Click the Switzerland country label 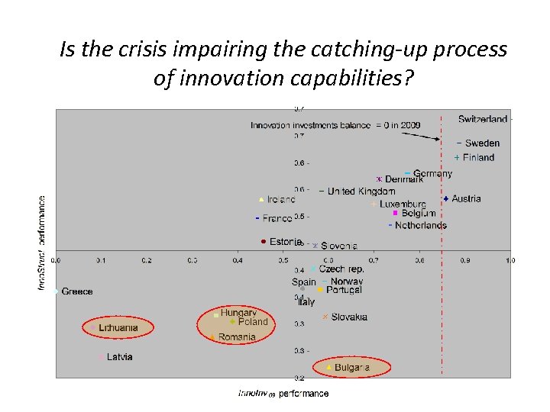click(482, 119)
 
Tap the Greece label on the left click(76, 291)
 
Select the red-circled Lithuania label click(118, 328)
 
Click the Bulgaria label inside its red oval click(351, 368)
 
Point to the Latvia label click(119, 357)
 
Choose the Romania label click(237, 337)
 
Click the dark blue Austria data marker click(445, 199)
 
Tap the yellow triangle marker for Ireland click(261, 200)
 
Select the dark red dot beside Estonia click(264, 242)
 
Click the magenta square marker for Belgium click(395, 214)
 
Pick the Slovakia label click(349, 317)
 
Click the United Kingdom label click(361, 192)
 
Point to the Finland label click(478, 158)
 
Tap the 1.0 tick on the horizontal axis click(510, 261)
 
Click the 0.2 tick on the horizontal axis click(147, 261)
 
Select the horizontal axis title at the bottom click(283, 394)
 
